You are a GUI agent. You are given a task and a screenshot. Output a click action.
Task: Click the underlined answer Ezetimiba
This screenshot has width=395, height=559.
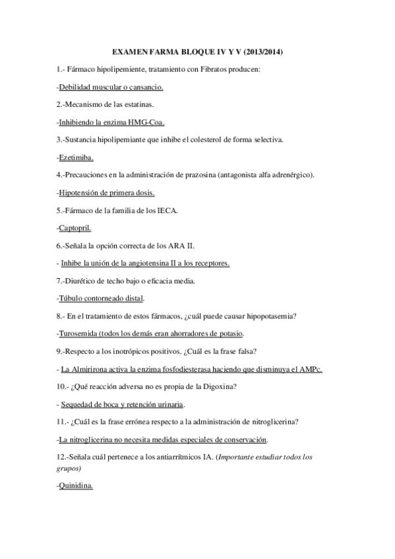pyautogui.click(x=76, y=158)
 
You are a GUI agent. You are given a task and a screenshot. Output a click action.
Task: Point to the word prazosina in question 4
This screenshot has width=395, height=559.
pyautogui.click(x=197, y=175)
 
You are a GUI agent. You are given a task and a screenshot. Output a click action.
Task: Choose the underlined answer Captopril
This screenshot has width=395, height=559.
pyautogui.click(x=75, y=228)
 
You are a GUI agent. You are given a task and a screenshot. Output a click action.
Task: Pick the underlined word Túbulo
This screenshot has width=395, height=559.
pyautogui.click(x=71, y=298)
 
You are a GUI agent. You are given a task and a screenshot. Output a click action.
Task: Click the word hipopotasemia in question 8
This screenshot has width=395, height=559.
pyautogui.click(x=268, y=316)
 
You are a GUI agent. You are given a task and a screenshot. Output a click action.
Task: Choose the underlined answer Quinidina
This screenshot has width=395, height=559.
pyautogui.click(x=76, y=486)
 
